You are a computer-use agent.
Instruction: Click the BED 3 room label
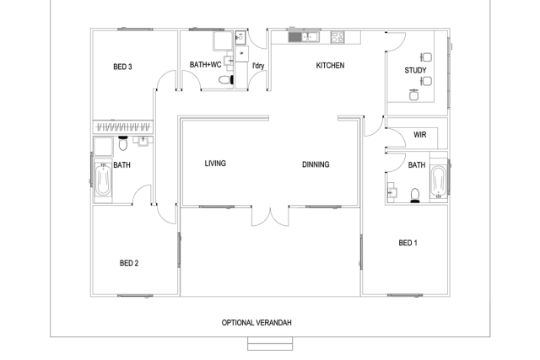[122, 67]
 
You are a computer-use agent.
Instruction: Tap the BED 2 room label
[129, 263]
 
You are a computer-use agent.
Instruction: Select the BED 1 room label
[408, 243]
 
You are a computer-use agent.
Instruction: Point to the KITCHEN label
[330, 66]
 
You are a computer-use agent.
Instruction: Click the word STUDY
[415, 71]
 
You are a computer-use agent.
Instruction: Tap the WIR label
[420, 135]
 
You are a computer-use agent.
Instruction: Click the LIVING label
[215, 164]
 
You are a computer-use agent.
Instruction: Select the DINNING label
[316, 164]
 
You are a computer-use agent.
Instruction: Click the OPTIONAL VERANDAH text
[256, 323]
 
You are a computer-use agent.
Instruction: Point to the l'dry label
[258, 66]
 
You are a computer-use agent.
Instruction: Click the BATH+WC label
[205, 64]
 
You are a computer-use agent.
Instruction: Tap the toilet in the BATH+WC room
[226, 80]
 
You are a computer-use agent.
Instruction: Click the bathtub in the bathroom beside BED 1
[439, 181]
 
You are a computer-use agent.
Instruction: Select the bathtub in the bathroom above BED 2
[103, 180]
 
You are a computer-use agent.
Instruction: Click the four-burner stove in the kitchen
[337, 37]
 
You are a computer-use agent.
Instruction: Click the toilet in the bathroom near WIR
[415, 195]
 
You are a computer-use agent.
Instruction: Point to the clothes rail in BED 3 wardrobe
[123, 127]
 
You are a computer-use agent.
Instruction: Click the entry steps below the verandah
[270, 344]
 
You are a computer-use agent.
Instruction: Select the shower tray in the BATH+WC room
[224, 40]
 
